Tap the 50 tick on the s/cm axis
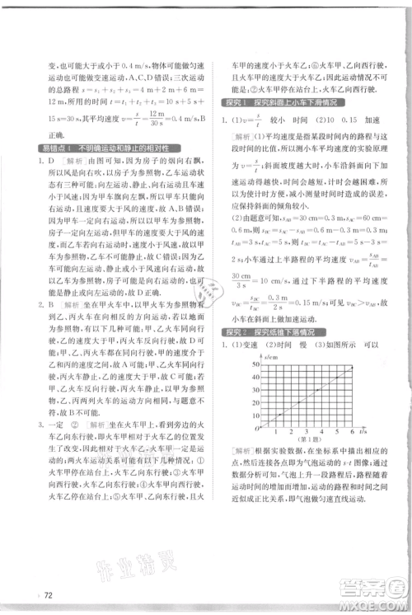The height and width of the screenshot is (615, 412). click(254, 364)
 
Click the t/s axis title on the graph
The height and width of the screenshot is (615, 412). click(362, 432)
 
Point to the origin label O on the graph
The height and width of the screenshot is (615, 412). click(256, 431)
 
